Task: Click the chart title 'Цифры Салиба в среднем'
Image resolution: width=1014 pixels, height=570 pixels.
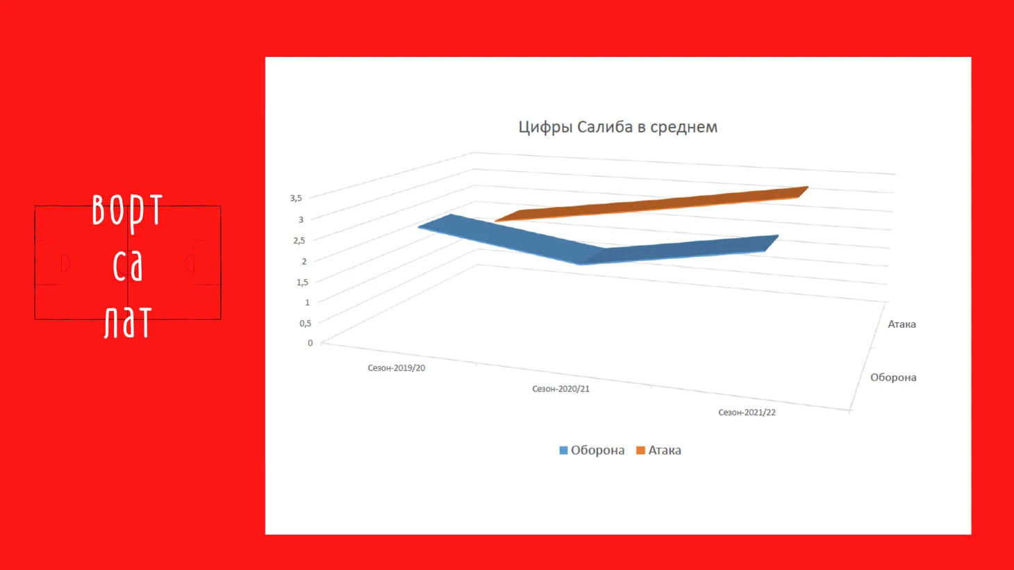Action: pyautogui.click(x=618, y=127)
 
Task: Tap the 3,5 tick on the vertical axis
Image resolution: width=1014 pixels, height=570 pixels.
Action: pyautogui.click(x=296, y=198)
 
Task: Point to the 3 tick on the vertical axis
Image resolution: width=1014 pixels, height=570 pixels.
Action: pyautogui.click(x=301, y=219)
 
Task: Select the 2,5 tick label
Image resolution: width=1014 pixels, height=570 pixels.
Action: pyautogui.click(x=299, y=241)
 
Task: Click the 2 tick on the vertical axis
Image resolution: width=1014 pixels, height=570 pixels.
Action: pyautogui.click(x=304, y=261)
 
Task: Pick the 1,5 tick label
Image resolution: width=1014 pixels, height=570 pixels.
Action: pyautogui.click(x=302, y=283)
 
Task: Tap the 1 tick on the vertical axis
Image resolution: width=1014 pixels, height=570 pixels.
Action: pyautogui.click(x=308, y=302)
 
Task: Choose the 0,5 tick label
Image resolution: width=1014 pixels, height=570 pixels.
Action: pyautogui.click(x=306, y=323)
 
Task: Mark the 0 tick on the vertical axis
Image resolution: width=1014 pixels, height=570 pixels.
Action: pyautogui.click(x=310, y=343)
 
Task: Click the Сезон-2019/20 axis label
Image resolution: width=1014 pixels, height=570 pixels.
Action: pyautogui.click(x=397, y=368)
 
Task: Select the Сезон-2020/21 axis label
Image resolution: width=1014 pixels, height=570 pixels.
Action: pyautogui.click(x=561, y=389)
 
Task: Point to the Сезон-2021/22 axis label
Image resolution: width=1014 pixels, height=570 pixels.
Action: pyautogui.click(x=747, y=412)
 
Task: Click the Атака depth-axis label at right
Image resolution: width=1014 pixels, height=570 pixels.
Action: pyautogui.click(x=901, y=324)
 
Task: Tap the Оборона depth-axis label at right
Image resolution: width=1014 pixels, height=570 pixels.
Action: pyautogui.click(x=894, y=377)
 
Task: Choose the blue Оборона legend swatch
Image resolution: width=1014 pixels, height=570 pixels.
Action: pyautogui.click(x=563, y=450)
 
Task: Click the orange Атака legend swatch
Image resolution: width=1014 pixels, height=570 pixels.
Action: pyautogui.click(x=640, y=450)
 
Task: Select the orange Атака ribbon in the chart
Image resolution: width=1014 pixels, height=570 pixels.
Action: pyautogui.click(x=652, y=205)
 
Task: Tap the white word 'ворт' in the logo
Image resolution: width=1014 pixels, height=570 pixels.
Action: pyautogui.click(x=127, y=211)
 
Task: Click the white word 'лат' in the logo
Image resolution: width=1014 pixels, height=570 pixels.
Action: pyautogui.click(x=127, y=322)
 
